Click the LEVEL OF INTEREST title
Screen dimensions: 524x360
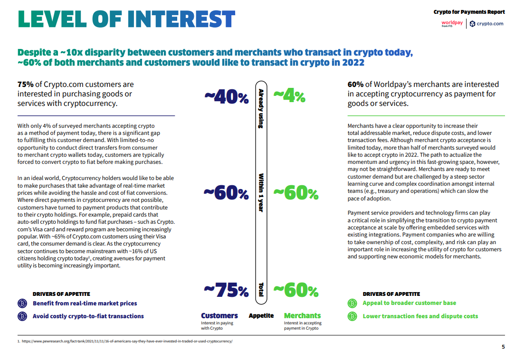tap(126, 19)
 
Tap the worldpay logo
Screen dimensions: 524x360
tap(452, 23)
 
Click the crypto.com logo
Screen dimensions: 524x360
tap(486, 24)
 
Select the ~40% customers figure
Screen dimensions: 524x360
tap(227, 97)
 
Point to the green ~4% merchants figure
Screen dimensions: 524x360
tap(289, 96)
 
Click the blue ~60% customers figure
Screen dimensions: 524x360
tap(226, 193)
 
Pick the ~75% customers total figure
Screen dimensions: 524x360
tap(226, 290)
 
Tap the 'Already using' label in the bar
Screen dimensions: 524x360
tap(261, 109)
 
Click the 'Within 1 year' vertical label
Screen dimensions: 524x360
tap(261, 193)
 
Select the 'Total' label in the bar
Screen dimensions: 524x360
tap(261, 290)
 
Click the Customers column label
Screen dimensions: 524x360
tap(219, 315)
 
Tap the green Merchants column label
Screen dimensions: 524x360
tap(302, 315)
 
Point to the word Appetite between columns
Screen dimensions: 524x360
tap(261, 315)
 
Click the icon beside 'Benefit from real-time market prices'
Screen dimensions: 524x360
tap(22, 303)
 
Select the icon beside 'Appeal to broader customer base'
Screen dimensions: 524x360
tap(352, 303)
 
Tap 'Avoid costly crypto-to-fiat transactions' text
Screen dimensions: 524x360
tap(88, 316)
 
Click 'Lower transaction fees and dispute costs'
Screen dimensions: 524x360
tap(420, 316)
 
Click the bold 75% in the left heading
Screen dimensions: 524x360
tap(25, 85)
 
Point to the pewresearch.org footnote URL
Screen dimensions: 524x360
tap(127, 341)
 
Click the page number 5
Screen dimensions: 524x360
tap(503, 347)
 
